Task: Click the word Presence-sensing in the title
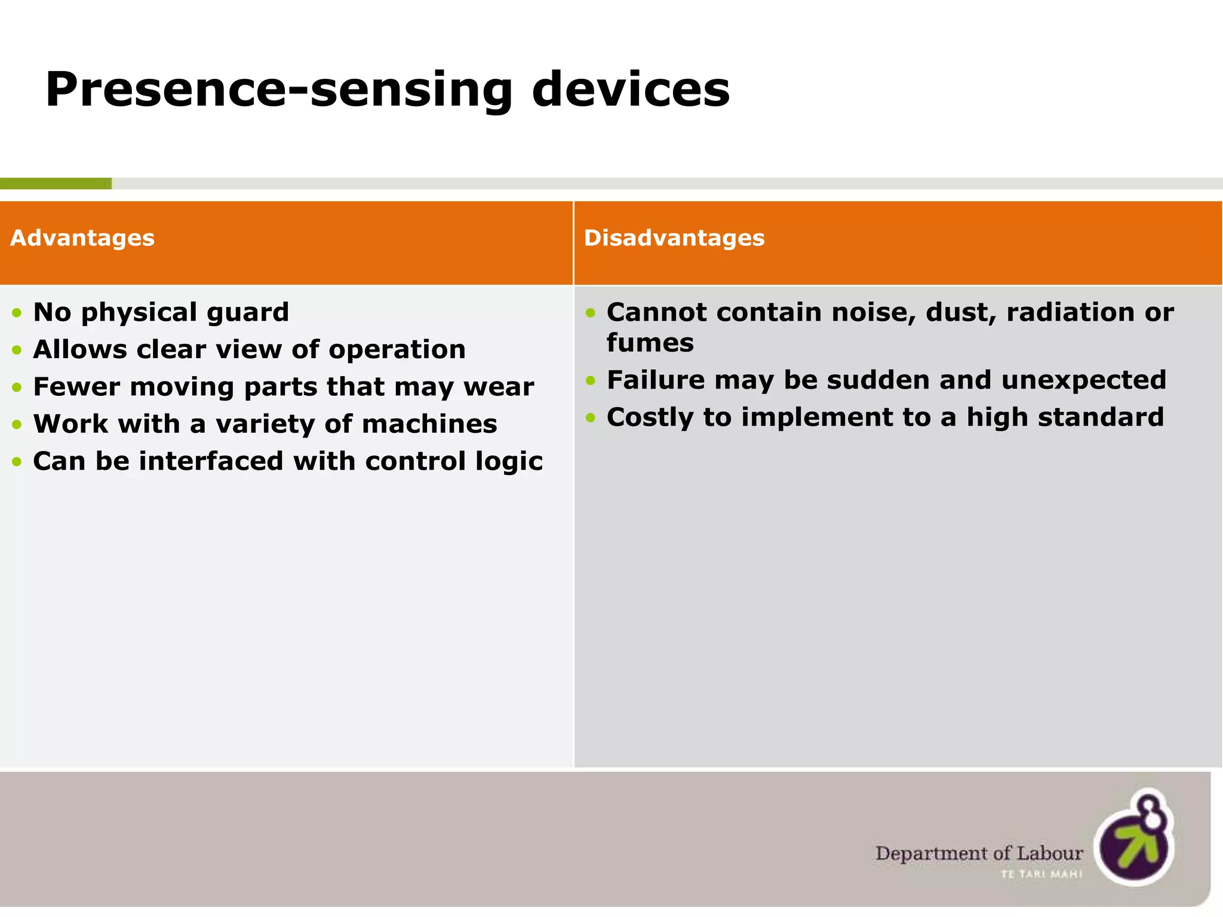coord(278,90)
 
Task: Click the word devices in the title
coord(630,90)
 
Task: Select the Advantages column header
coord(82,238)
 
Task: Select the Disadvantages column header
coord(674,238)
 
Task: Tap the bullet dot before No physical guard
coord(17,313)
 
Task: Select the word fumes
coord(650,343)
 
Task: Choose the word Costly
coord(650,417)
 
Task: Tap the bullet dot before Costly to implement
coord(591,418)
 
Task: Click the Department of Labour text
coord(978,854)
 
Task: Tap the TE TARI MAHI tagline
coord(1041,875)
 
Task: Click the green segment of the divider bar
coord(55,184)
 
